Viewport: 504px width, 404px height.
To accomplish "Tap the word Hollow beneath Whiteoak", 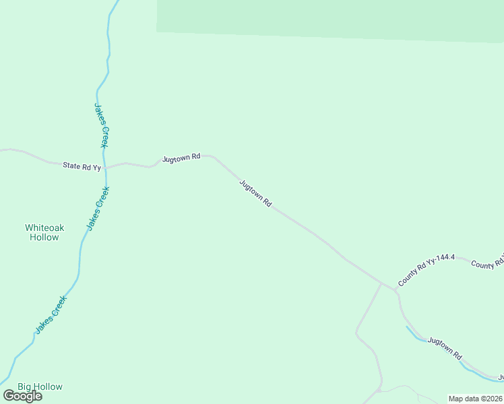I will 44,238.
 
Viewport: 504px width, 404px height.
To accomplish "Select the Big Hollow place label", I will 40,386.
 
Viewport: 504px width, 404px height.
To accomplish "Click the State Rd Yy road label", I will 82,166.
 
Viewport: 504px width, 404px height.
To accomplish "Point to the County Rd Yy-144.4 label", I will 427,271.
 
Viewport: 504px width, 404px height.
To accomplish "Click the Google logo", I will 23,396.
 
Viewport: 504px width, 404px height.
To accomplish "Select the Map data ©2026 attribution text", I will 475,399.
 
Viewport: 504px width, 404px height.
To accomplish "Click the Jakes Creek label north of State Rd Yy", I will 102,125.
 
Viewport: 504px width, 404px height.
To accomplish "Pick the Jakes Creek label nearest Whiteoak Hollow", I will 98,208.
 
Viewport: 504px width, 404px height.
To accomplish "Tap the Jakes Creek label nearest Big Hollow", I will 51,314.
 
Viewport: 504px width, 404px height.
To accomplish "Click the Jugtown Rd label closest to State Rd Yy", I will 181,158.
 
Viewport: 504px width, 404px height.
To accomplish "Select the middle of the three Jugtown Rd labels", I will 255,193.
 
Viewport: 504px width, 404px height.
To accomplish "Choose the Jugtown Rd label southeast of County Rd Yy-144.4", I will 445,348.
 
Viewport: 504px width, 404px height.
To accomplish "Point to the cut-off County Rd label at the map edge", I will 487,265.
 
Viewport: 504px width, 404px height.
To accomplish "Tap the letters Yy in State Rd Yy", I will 96,167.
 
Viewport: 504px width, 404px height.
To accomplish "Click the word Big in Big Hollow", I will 25,386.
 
